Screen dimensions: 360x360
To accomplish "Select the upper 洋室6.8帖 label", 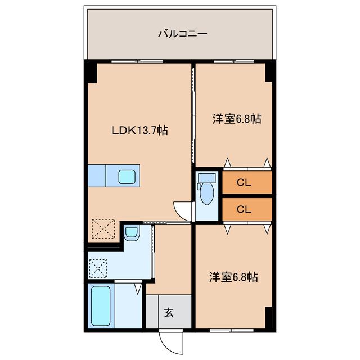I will (x=236, y=119).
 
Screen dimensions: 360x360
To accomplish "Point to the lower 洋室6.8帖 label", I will (x=234, y=277).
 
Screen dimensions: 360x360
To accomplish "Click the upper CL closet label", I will (x=243, y=182).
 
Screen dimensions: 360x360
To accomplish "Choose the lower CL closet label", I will (x=243, y=209).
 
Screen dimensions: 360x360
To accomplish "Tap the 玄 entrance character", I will (x=169, y=313).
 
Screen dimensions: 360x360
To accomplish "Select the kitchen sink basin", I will (x=127, y=177).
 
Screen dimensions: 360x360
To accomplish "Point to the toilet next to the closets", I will (x=207, y=191).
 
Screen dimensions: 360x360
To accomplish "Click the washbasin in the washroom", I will (x=130, y=232).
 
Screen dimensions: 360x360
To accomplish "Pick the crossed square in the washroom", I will (x=98, y=268).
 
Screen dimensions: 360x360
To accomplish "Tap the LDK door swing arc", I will (x=181, y=209).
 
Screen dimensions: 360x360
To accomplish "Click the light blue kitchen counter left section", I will (x=97, y=175).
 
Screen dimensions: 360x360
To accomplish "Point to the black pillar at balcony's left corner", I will (x=90, y=72).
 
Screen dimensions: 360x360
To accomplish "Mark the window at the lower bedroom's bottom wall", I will (x=232, y=330).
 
